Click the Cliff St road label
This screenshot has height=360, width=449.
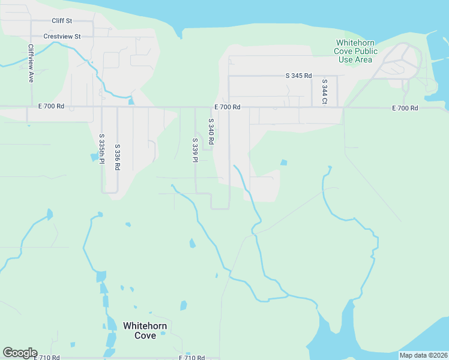coord(62,21)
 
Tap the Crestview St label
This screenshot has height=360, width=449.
coord(62,37)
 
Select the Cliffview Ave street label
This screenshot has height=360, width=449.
coord(31,63)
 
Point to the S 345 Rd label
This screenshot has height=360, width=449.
coord(298,76)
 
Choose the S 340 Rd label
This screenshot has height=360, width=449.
coord(211,131)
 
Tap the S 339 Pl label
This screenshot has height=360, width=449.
coord(195,149)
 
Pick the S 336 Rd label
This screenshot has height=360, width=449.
coord(117,155)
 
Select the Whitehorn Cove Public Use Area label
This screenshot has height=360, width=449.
coord(357,51)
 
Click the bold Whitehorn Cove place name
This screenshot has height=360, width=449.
coord(145,331)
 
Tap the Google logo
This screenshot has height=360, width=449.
coord(20,353)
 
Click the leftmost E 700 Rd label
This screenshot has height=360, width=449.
coord(51,107)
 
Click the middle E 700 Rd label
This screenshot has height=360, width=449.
coord(228,107)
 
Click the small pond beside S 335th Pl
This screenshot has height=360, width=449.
coord(95,158)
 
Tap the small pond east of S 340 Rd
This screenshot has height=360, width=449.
coord(283,162)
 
